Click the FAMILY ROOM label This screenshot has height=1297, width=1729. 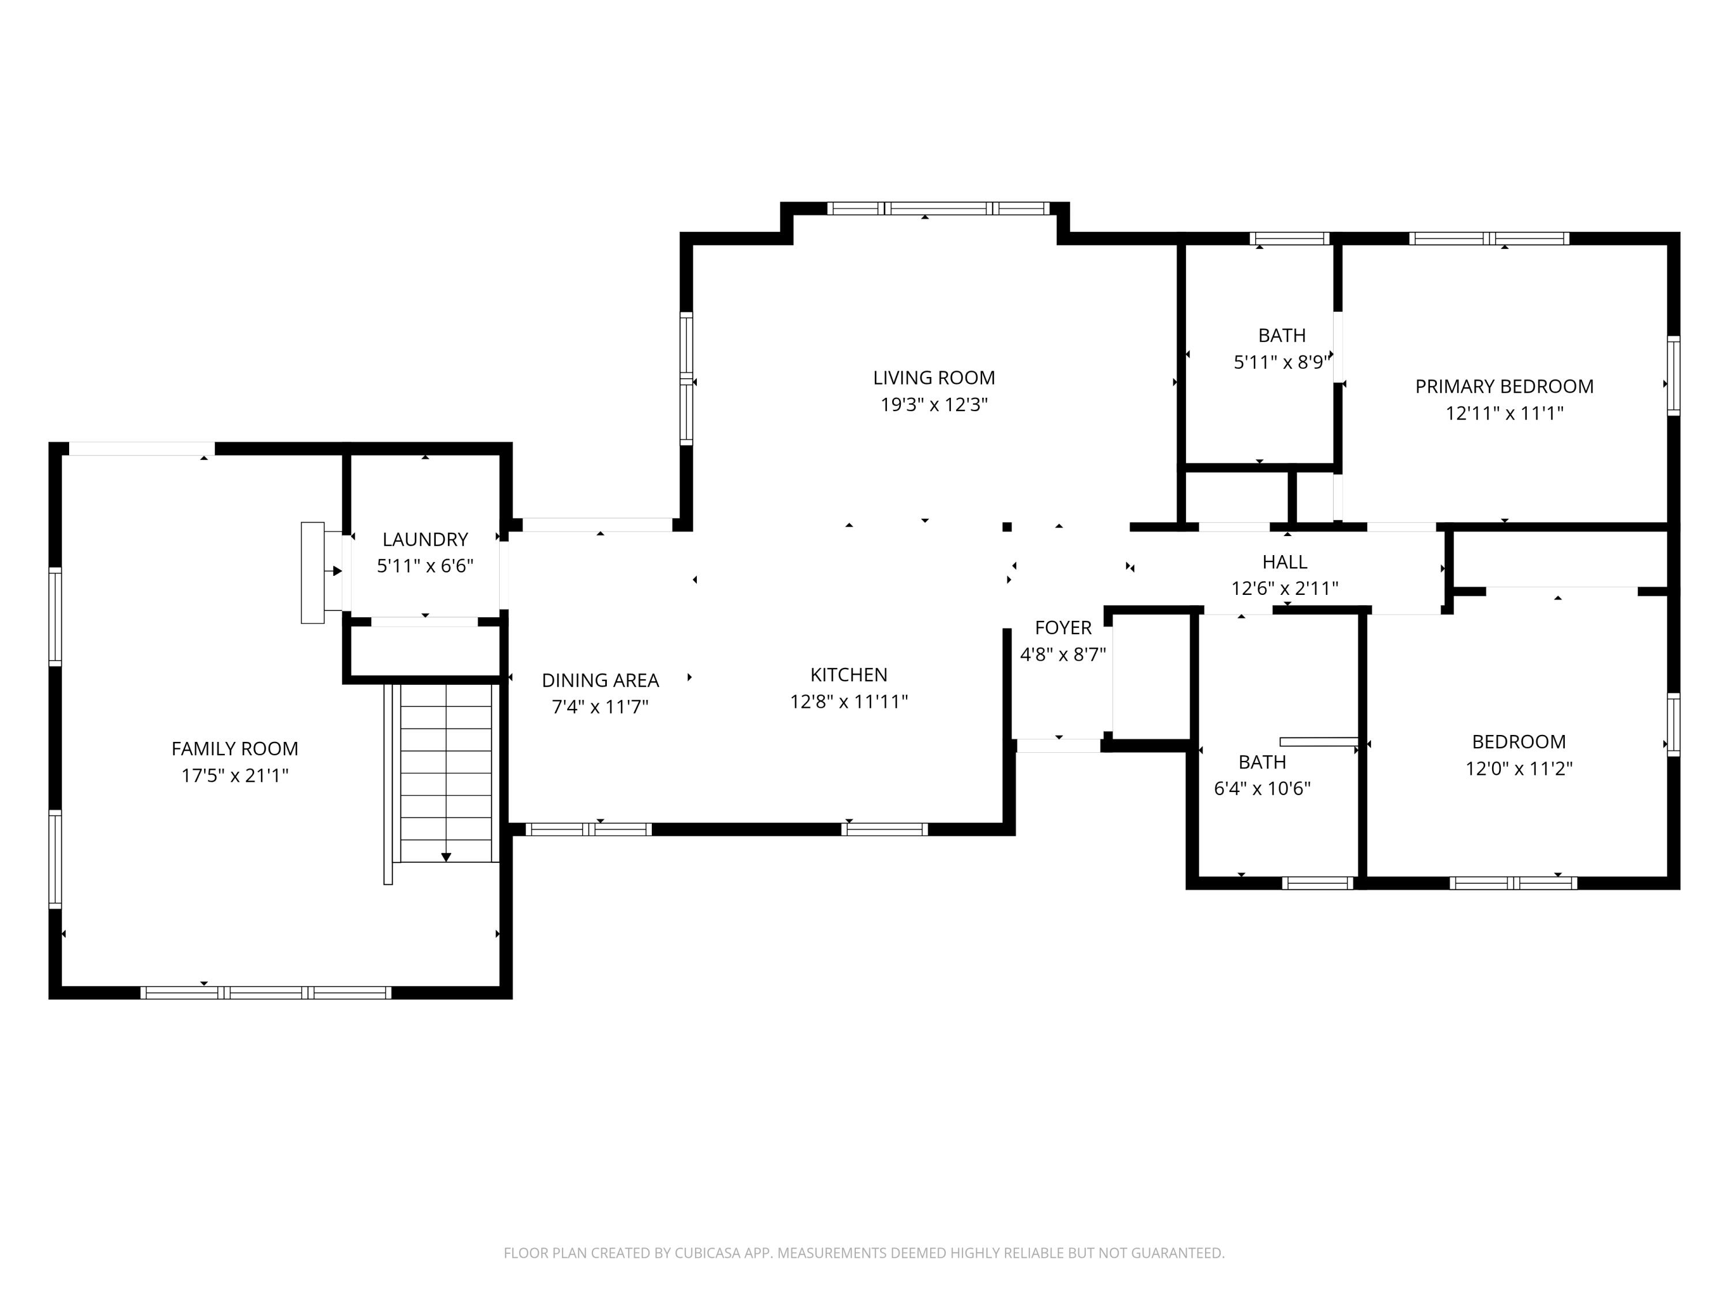(x=235, y=749)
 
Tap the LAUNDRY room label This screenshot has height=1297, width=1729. (x=425, y=540)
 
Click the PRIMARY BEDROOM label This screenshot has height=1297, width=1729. (x=1504, y=386)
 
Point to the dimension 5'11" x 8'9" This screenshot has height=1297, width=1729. (x=1281, y=363)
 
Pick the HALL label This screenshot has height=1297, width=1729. (x=1284, y=561)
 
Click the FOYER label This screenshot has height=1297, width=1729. (x=1062, y=628)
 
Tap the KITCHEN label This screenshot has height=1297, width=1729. (x=848, y=674)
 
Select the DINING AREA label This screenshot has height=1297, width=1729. (x=601, y=680)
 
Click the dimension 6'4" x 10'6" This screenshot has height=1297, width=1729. (x=1262, y=788)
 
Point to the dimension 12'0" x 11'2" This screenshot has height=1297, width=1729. (x=1518, y=768)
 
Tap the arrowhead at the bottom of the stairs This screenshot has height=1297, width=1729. (x=446, y=857)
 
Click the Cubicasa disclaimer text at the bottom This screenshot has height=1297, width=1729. (x=864, y=1253)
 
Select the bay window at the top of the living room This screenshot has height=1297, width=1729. (x=938, y=209)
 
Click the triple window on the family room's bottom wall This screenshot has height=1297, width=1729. (x=266, y=993)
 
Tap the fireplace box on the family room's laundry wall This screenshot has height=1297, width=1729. (x=312, y=572)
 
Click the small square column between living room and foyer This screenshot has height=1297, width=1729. (x=1007, y=527)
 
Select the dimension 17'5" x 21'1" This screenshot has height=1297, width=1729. (x=235, y=775)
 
